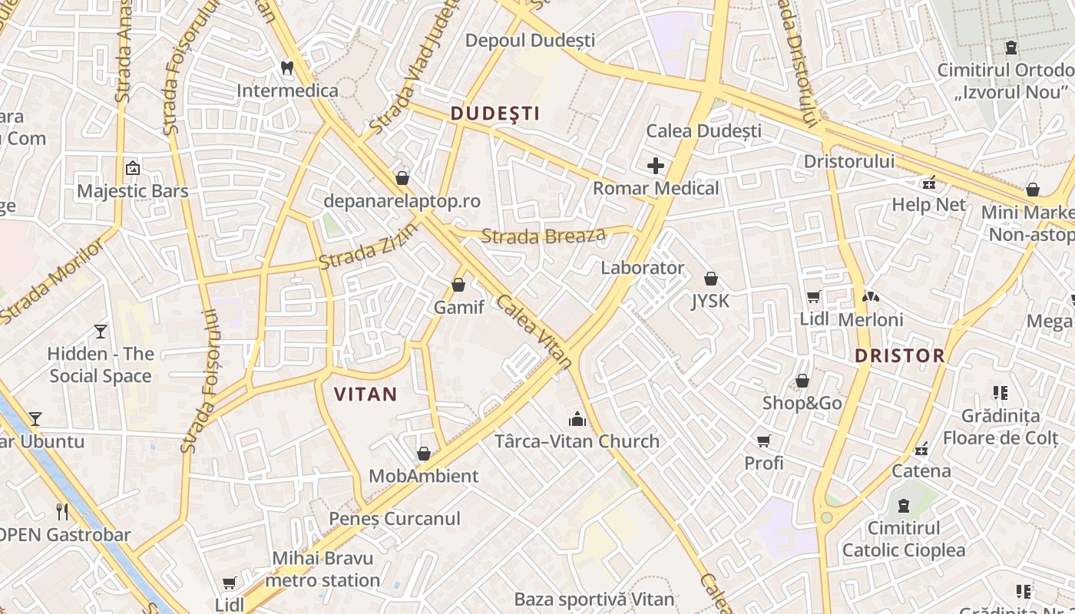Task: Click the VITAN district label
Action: pos(365,394)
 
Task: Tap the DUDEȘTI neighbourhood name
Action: pos(495,114)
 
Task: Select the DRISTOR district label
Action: pos(899,355)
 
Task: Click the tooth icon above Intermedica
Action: pos(287,68)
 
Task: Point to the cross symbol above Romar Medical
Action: pos(656,165)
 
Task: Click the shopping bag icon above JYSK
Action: pos(711,278)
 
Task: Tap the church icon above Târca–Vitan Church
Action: pos(577,419)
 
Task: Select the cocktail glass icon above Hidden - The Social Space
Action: pos(101,332)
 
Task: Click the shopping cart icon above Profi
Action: pos(764,441)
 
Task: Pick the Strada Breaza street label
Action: pos(543,236)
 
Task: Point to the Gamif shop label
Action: pos(459,307)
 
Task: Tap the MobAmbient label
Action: pos(424,476)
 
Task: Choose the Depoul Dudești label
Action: pos(531,40)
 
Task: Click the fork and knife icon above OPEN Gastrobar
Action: pos(63,512)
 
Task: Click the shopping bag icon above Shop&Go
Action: pos(802,381)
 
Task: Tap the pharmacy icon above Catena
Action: pos(921,448)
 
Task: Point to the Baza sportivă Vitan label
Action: pos(594,599)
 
